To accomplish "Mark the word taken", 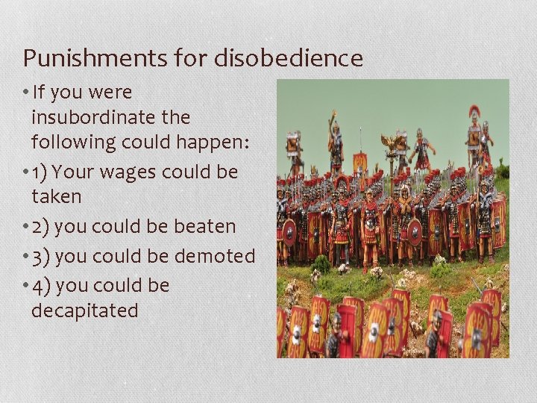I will pos(55,196).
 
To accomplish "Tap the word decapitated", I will pos(84,310).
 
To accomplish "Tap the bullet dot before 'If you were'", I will pos(26,93).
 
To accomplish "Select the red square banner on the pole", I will pos(360,160).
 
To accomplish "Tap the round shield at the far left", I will pos(289,232).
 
